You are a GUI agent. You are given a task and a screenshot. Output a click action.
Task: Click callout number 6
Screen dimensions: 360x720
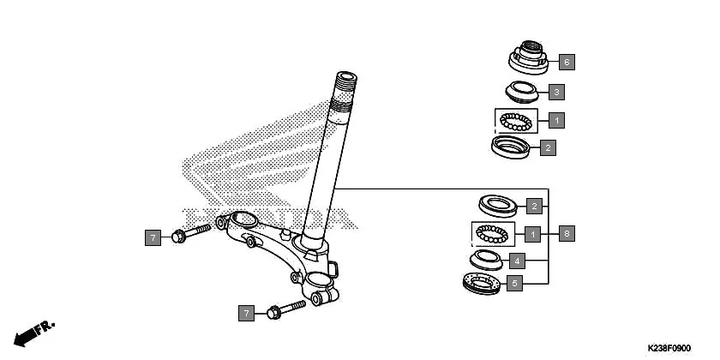click(x=567, y=62)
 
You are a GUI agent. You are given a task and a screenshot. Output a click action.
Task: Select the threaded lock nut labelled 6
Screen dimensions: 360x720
click(x=530, y=58)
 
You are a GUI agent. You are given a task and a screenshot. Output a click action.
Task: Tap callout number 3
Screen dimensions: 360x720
click(x=556, y=92)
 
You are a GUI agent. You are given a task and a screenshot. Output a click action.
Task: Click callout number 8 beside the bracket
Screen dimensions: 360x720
click(x=567, y=232)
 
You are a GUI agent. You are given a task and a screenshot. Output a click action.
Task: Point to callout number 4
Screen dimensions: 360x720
click(x=516, y=260)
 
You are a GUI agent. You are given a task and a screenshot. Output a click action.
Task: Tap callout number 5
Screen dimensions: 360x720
click(x=515, y=283)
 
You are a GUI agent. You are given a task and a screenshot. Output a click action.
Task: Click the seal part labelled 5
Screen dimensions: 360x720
click(x=482, y=283)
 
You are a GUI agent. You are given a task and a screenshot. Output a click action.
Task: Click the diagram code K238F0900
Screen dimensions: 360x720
click(x=669, y=348)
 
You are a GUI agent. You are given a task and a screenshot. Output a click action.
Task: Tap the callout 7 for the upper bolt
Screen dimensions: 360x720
click(x=153, y=237)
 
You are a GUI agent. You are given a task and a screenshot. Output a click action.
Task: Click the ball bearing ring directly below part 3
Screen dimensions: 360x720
click(x=518, y=120)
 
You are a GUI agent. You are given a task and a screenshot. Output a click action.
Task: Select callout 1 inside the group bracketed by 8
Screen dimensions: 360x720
click(x=533, y=233)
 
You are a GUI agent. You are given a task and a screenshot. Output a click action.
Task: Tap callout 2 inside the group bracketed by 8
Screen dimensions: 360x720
click(x=533, y=206)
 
